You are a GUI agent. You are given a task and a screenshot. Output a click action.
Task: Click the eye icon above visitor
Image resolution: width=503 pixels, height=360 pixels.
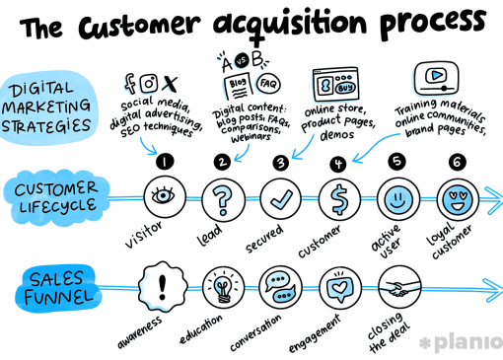click(165, 196)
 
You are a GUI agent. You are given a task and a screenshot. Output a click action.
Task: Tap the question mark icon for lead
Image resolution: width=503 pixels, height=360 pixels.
click(223, 199)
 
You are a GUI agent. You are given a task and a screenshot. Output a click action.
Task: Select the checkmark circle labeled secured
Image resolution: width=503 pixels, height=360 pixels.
click(281, 199)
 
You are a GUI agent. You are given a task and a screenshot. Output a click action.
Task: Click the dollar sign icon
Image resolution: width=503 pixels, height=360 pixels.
click(339, 199)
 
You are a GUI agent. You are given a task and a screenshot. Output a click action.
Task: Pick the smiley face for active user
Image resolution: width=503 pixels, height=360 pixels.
click(398, 199)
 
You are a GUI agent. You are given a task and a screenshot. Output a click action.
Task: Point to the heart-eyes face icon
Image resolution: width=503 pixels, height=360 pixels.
click(458, 200)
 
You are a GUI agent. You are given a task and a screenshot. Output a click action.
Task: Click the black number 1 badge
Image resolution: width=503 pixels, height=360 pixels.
click(165, 162)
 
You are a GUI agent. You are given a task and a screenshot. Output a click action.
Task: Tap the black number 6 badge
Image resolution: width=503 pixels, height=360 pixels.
click(458, 162)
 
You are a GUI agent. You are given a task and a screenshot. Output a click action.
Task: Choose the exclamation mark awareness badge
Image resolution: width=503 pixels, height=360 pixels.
click(163, 287)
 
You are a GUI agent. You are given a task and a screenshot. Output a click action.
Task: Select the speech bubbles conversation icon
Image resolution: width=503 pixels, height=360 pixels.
click(280, 287)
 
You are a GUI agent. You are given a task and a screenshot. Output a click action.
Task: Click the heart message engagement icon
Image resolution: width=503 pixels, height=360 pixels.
click(339, 288)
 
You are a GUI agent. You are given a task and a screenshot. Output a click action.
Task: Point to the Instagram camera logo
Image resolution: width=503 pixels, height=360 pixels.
click(149, 83)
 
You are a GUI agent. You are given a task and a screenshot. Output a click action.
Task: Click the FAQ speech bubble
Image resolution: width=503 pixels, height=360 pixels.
click(268, 84)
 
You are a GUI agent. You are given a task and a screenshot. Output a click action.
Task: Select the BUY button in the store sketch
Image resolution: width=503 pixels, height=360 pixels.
click(345, 88)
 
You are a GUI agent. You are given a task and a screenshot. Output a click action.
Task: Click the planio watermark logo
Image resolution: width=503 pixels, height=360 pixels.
click(461, 342)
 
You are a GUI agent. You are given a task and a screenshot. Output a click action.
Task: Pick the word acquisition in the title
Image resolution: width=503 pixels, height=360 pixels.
click(290, 25)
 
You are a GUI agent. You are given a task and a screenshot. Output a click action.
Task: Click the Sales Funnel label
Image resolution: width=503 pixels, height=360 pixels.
click(58, 288)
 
